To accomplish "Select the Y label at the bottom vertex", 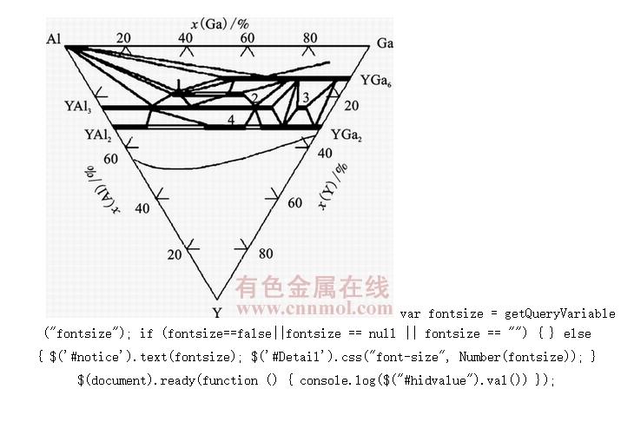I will [x=217, y=312].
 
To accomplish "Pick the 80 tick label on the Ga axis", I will [x=309, y=37].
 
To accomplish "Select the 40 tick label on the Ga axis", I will [x=186, y=37].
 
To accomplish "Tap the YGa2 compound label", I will [x=347, y=135].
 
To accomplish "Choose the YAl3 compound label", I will [x=78, y=107].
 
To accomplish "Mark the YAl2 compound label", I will [x=98, y=135].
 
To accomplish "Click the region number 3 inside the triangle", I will [x=305, y=96].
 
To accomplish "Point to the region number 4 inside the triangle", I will [x=231, y=119].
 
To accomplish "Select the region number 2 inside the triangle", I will [x=254, y=98].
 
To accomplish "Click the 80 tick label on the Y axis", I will [x=265, y=254].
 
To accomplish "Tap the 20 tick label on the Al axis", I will [x=175, y=254].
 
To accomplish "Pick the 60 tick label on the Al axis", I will [x=109, y=159].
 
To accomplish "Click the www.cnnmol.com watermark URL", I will [x=314, y=307].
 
